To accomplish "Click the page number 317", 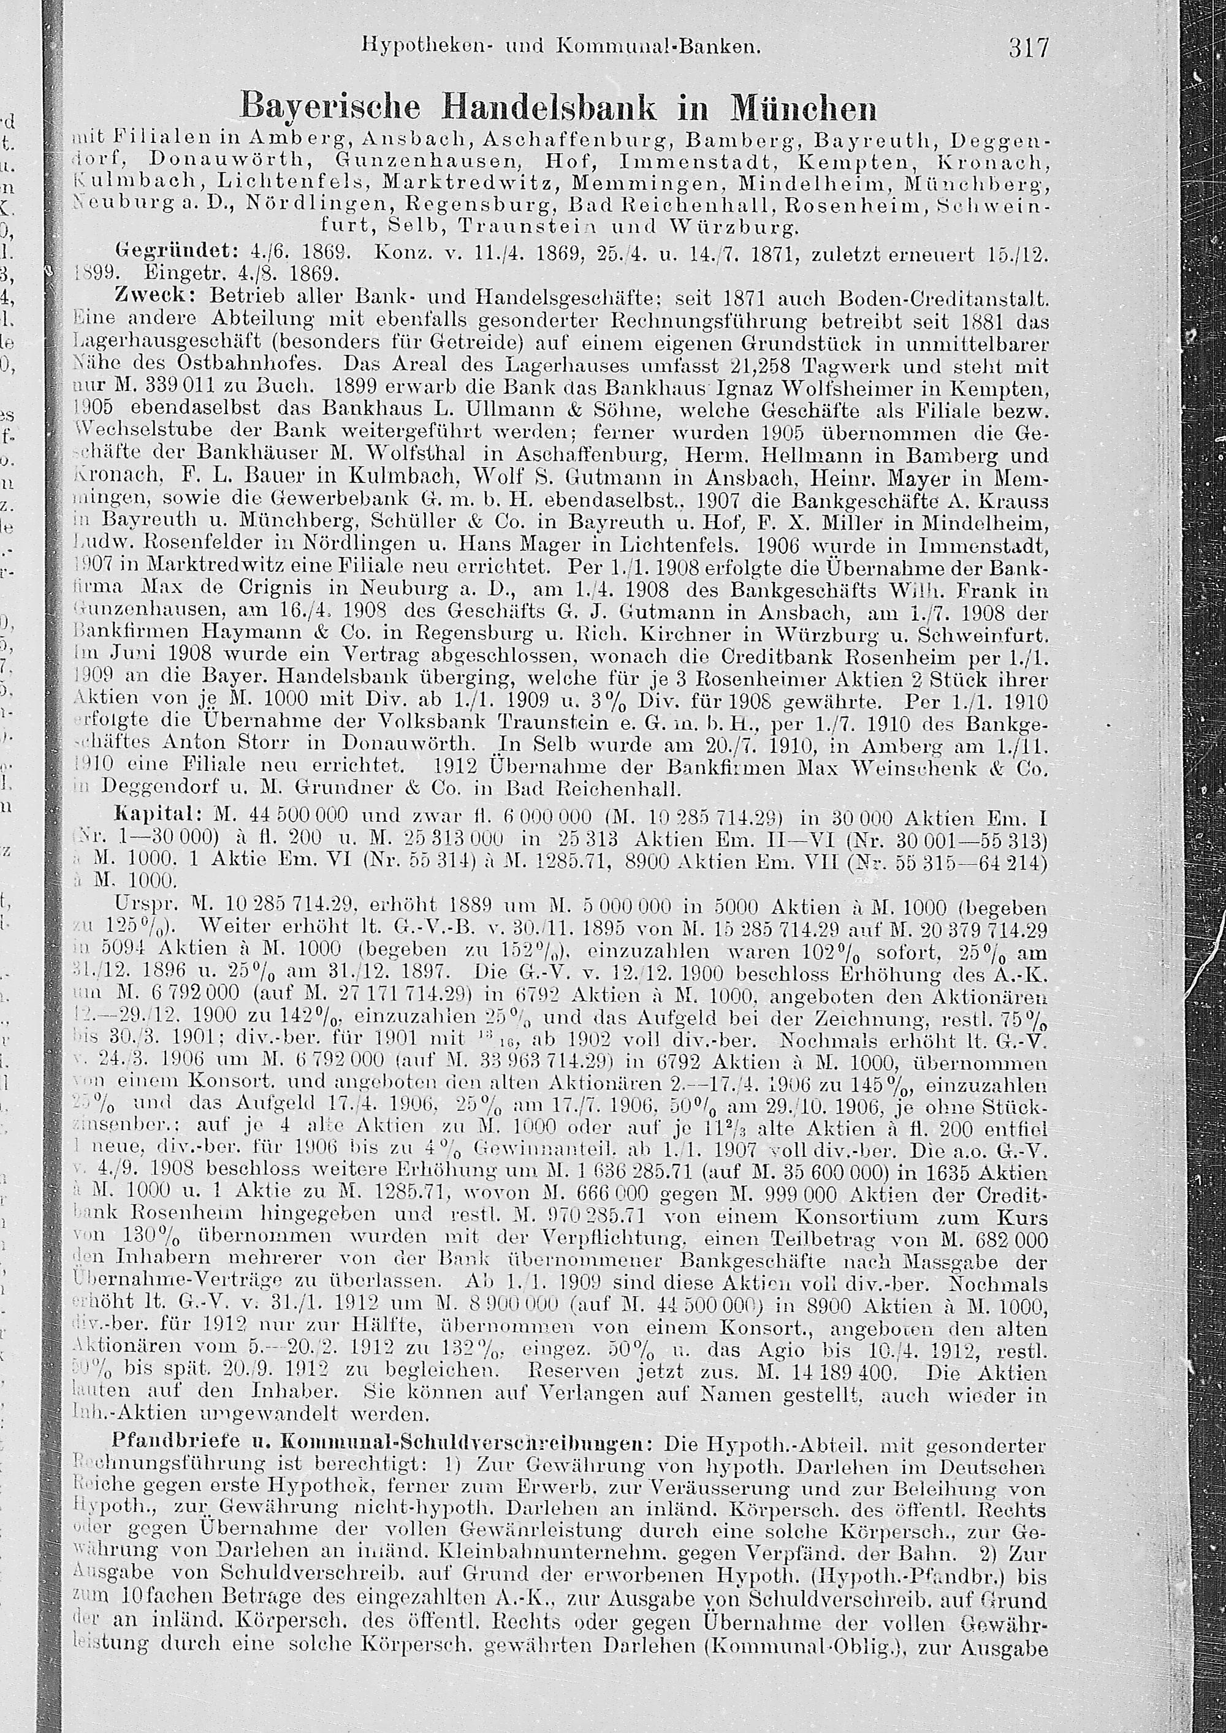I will pyautogui.click(x=1028, y=49).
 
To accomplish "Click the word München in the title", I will pyautogui.click(x=804, y=108).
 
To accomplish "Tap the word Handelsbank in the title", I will pyautogui.click(x=551, y=108).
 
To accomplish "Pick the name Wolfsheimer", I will pyautogui.click(x=815, y=390).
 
